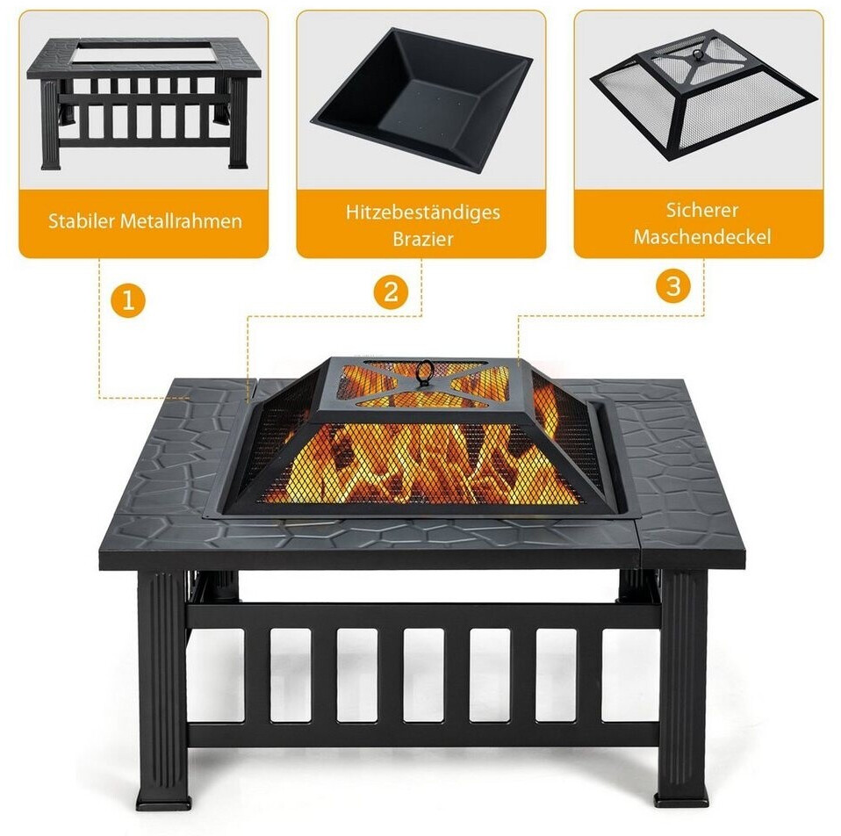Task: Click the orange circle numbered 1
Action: point(128,299)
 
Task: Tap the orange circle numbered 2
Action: point(391,292)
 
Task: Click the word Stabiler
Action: point(82,220)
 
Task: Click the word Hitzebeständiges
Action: point(422,213)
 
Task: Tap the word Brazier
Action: point(422,239)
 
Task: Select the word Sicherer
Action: point(702,210)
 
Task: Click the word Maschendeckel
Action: point(702,236)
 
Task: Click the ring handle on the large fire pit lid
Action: point(425,371)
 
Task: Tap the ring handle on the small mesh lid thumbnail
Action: point(698,55)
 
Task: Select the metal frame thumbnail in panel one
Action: point(144,102)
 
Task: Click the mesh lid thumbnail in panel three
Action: point(703,95)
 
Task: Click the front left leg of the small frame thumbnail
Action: point(51,124)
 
